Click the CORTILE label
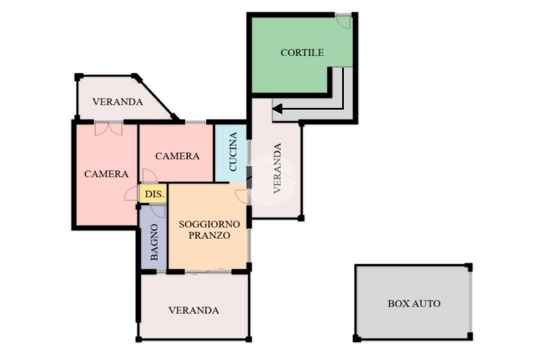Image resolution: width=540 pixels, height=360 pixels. pyautogui.click(x=302, y=53)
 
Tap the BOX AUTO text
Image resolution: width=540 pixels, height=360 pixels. pyautogui.click(x=414, y=304)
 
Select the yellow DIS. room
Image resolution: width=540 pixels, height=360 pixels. pyautogui.click(x=153, y=194)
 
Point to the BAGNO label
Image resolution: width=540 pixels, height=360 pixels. pyautogui.click(x=155, y=242)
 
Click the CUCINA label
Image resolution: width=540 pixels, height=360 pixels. pyautogui.click(x=233, y=151)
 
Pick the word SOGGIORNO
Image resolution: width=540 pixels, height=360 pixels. pyautogui.click(x=209, y=225)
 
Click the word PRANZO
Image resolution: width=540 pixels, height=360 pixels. pyautogui.click(x=209, y=236)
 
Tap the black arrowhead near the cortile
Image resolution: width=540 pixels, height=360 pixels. pyautogui.click(x=277, y=109)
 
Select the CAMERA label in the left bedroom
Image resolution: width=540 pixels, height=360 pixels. pyautogui.click(x=107, y=174)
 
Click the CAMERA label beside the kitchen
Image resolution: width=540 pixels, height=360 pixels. pyautogui.click(x=177, y=156)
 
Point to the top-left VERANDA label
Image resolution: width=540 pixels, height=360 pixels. pyautogui.click(x=118, y=102)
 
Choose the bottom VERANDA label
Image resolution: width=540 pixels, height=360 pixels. pyautogui.click(x=194, y=310)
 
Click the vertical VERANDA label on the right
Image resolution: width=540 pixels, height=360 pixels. pyautogui.click(x=277, y=168)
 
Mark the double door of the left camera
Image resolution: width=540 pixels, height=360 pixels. pyautogui.click(x=109, y=128)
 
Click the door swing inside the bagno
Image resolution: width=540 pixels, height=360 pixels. pyautogui.click(x=158, y=211)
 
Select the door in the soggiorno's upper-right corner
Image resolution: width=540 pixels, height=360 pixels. pyautogui.click(x=242, y=196)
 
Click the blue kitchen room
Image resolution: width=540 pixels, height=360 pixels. pyautogui.click(x=231, y=153)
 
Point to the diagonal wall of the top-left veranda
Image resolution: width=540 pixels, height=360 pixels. pyautogui.click(x=156, y=97)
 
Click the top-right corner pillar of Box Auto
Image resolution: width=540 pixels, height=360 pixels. pyautogui.click(x=468, y=267)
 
